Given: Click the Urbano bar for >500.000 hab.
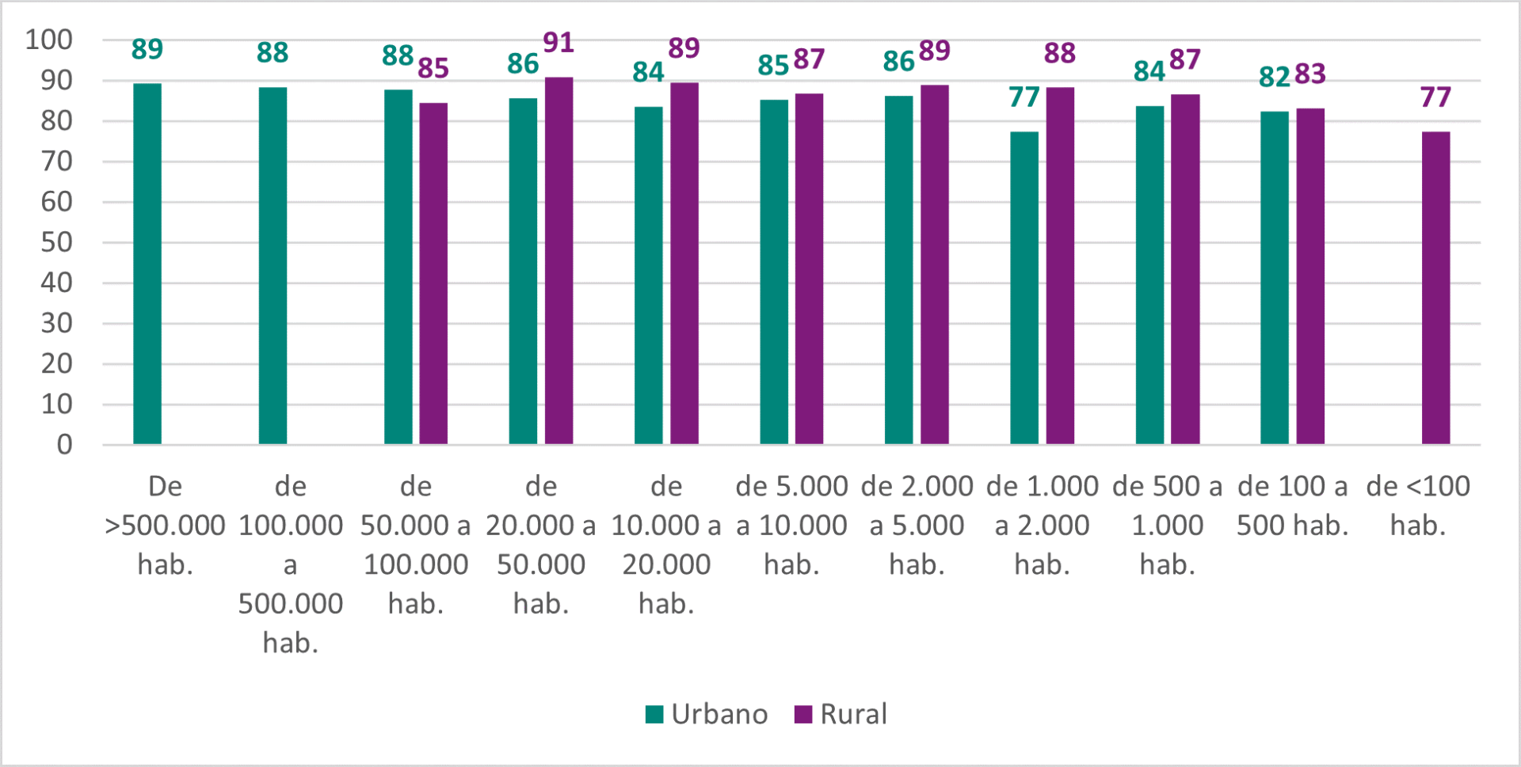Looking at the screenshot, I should click(x=147, y=264).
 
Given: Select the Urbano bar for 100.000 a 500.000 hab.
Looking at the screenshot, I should click(x=273, y=265).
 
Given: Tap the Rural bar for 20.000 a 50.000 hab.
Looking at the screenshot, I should click(x=558, y=260).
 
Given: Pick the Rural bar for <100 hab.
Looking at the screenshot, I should click(x=1435, y=287).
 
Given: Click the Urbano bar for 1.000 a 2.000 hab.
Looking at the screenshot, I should click(x=1024, y=287).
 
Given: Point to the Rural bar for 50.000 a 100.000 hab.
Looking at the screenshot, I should click(x=433, y=273).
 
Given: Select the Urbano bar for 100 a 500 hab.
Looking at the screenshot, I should click(x=1275, y=277).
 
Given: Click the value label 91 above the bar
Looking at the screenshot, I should click(x=558, y=43).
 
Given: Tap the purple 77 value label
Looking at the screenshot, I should click(x=1435, y=97).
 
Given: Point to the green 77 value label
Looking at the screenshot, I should click(x=1024, y=97).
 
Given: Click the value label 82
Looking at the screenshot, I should click(x=1275, y=77).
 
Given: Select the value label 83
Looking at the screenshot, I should click(x=1310, y=74).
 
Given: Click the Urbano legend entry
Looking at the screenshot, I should click(x=707, y=714).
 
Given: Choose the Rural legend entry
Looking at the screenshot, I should click(x=841, y=714).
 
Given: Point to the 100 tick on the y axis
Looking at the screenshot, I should click(x=49, y=40).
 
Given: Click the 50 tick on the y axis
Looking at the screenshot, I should click(x=56, y=242).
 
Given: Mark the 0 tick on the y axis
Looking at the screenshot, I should click(x=64, y=445).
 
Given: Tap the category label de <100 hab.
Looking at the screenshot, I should click(x=1418, y=505).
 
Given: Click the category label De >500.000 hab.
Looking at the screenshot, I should click(x=165, y=525).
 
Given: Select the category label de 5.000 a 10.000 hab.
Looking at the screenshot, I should click(x=791, y=525).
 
